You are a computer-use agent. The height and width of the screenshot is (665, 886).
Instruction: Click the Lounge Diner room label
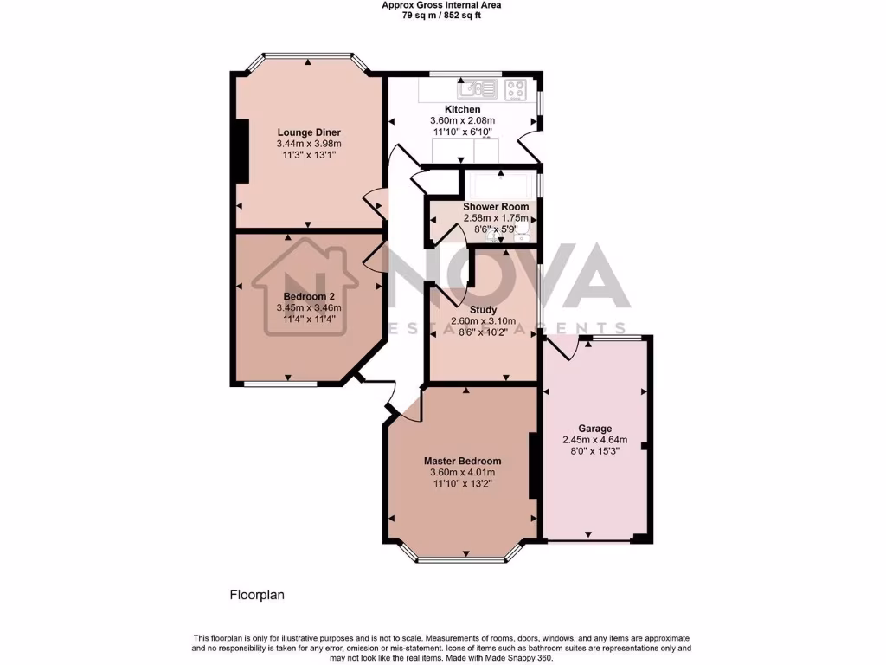309,132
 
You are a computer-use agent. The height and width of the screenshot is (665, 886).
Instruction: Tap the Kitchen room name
463,109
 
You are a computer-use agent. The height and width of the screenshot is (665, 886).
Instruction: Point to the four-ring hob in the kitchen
517,87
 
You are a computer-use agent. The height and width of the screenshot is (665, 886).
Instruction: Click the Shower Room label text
496,207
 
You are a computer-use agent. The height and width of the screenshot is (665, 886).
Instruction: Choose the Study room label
483,309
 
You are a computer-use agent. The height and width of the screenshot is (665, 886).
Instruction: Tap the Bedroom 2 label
309,296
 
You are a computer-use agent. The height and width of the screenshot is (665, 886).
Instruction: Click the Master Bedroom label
462,461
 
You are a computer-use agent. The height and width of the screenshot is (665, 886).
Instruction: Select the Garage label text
595,429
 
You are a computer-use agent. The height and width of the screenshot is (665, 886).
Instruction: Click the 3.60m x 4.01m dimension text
462,473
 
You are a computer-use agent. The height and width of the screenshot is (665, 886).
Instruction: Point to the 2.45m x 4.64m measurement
595,439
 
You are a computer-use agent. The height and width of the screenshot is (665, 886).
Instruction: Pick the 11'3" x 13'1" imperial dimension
309,155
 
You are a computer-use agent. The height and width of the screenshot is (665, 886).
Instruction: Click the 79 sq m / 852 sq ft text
442,15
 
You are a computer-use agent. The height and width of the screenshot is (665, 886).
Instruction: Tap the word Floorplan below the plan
257,595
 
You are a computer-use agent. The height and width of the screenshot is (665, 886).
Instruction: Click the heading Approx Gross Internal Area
442,4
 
